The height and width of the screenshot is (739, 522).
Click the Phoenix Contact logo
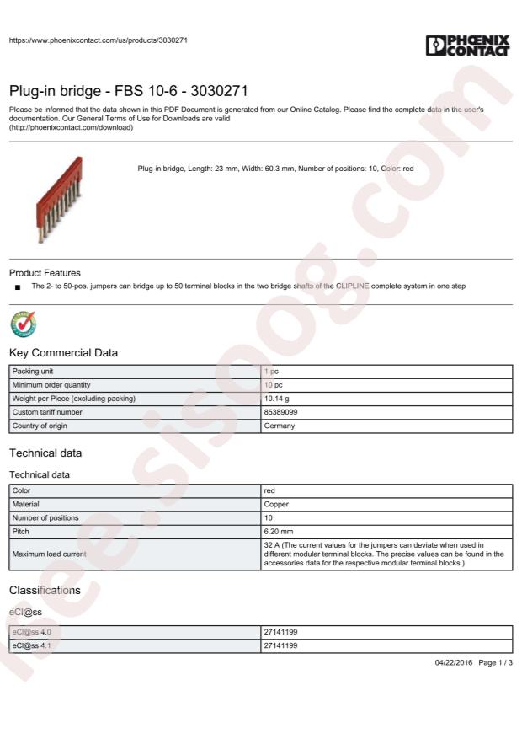(x=468, y=45)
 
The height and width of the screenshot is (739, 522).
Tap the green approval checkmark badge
(x=22, y=324)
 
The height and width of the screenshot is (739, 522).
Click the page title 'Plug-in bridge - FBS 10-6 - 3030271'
(x=129, y=91)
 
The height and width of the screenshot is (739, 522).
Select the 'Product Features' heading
(x=45, y=273)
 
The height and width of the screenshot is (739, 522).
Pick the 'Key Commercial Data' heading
(x=63, y=352)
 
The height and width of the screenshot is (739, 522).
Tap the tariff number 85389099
(x=281, y=412)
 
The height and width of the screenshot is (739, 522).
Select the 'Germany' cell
(x=280, y=426)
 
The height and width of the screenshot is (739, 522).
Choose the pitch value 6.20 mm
(x=279, y=532)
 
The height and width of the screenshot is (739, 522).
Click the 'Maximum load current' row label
(x=49, y=554)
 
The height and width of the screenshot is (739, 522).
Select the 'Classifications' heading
(x=45, y=590)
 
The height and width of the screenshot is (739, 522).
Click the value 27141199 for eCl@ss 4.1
(x=280, y=645)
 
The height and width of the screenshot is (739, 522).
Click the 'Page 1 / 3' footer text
(x=495, y=664)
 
